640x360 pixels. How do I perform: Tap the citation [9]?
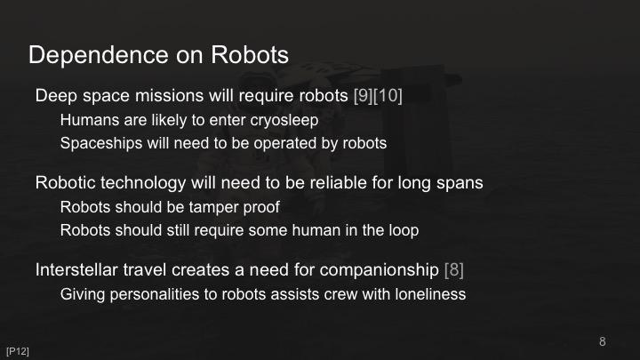tap(363, 96)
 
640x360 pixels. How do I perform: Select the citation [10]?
tap(388, 96)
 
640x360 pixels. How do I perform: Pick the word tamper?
tap(216, 207)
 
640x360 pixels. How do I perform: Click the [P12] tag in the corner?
tap(18, 351)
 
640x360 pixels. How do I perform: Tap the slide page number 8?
tap(603, 341)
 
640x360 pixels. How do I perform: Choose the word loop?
tap(403, 230)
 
